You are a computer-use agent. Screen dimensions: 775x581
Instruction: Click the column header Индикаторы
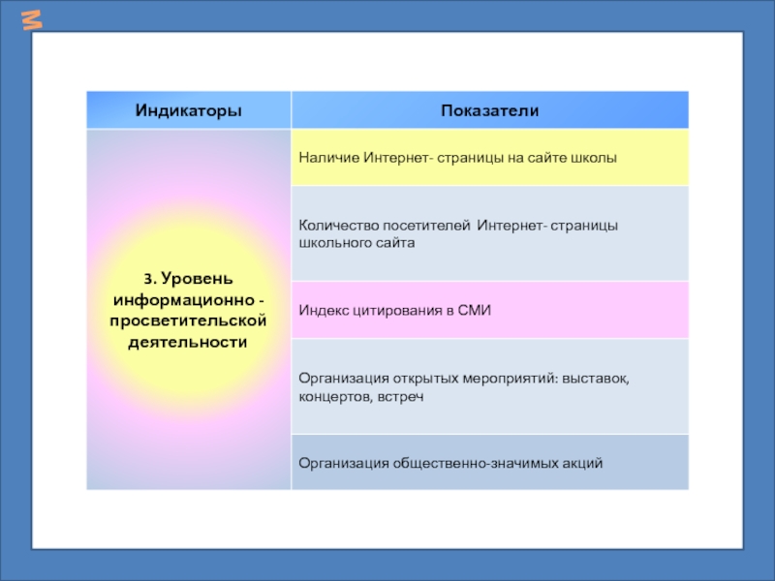click(188, 111)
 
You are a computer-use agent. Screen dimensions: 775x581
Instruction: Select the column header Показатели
click(489, 111)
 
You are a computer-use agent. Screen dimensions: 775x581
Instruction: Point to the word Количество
click(335, 226)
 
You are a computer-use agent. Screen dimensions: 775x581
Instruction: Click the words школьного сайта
click(356, 243)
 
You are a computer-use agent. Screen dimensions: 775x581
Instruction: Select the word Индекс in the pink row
click(322, 310)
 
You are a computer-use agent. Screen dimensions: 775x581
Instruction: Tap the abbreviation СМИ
click(476, 310)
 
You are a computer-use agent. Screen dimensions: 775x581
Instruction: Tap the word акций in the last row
click(583, 463)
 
